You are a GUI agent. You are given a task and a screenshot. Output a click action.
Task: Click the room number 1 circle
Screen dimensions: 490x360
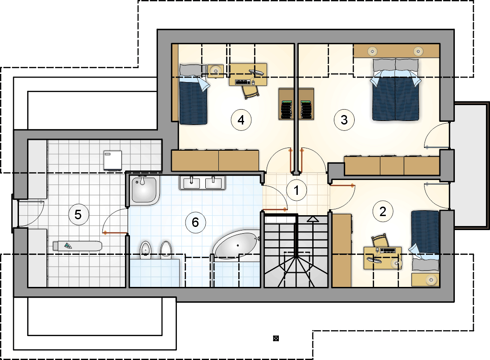(x=296, y=190)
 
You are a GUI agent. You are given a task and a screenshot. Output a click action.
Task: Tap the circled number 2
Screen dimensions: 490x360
(x=383, y=212)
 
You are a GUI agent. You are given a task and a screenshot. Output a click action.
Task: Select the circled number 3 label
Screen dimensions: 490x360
(x=344, y=120)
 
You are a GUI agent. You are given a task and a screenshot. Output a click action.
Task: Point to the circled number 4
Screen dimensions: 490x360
(x=241, y=120)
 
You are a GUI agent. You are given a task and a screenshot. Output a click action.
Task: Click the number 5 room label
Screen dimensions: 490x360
(x=78, y=215)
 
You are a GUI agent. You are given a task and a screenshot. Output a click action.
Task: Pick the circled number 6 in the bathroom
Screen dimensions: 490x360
(x=195, y=222)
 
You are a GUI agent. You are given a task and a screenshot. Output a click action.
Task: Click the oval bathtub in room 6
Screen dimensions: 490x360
(x=237, y=245)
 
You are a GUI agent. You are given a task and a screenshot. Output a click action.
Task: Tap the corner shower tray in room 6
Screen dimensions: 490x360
(x=143, y=190)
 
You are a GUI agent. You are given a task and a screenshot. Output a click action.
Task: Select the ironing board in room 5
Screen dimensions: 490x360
(x=77, y=246)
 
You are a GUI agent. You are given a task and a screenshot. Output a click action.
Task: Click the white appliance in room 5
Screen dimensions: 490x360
(x=112, y=160)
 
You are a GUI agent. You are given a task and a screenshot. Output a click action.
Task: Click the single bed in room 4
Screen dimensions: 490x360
(x=194, y=94)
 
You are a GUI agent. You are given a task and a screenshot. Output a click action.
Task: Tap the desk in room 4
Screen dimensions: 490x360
(x=248, y=74)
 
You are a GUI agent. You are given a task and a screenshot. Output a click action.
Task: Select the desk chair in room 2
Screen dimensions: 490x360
(x=380, y=240)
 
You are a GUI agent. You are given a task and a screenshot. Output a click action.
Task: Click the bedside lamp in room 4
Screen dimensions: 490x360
(x=215, y=71)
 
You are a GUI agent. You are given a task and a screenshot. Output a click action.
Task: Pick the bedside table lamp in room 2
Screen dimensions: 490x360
(x=431, y=280)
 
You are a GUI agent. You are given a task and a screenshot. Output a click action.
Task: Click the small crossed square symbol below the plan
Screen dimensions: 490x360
(x=276, y=338)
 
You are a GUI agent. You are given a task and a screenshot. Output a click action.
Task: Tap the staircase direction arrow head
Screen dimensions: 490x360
(x=313, y=219)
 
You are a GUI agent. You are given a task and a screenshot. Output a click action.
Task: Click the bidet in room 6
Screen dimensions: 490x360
(x=145, y=249)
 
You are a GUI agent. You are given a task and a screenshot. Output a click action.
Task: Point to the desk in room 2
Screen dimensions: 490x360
(x=383, y=258)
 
